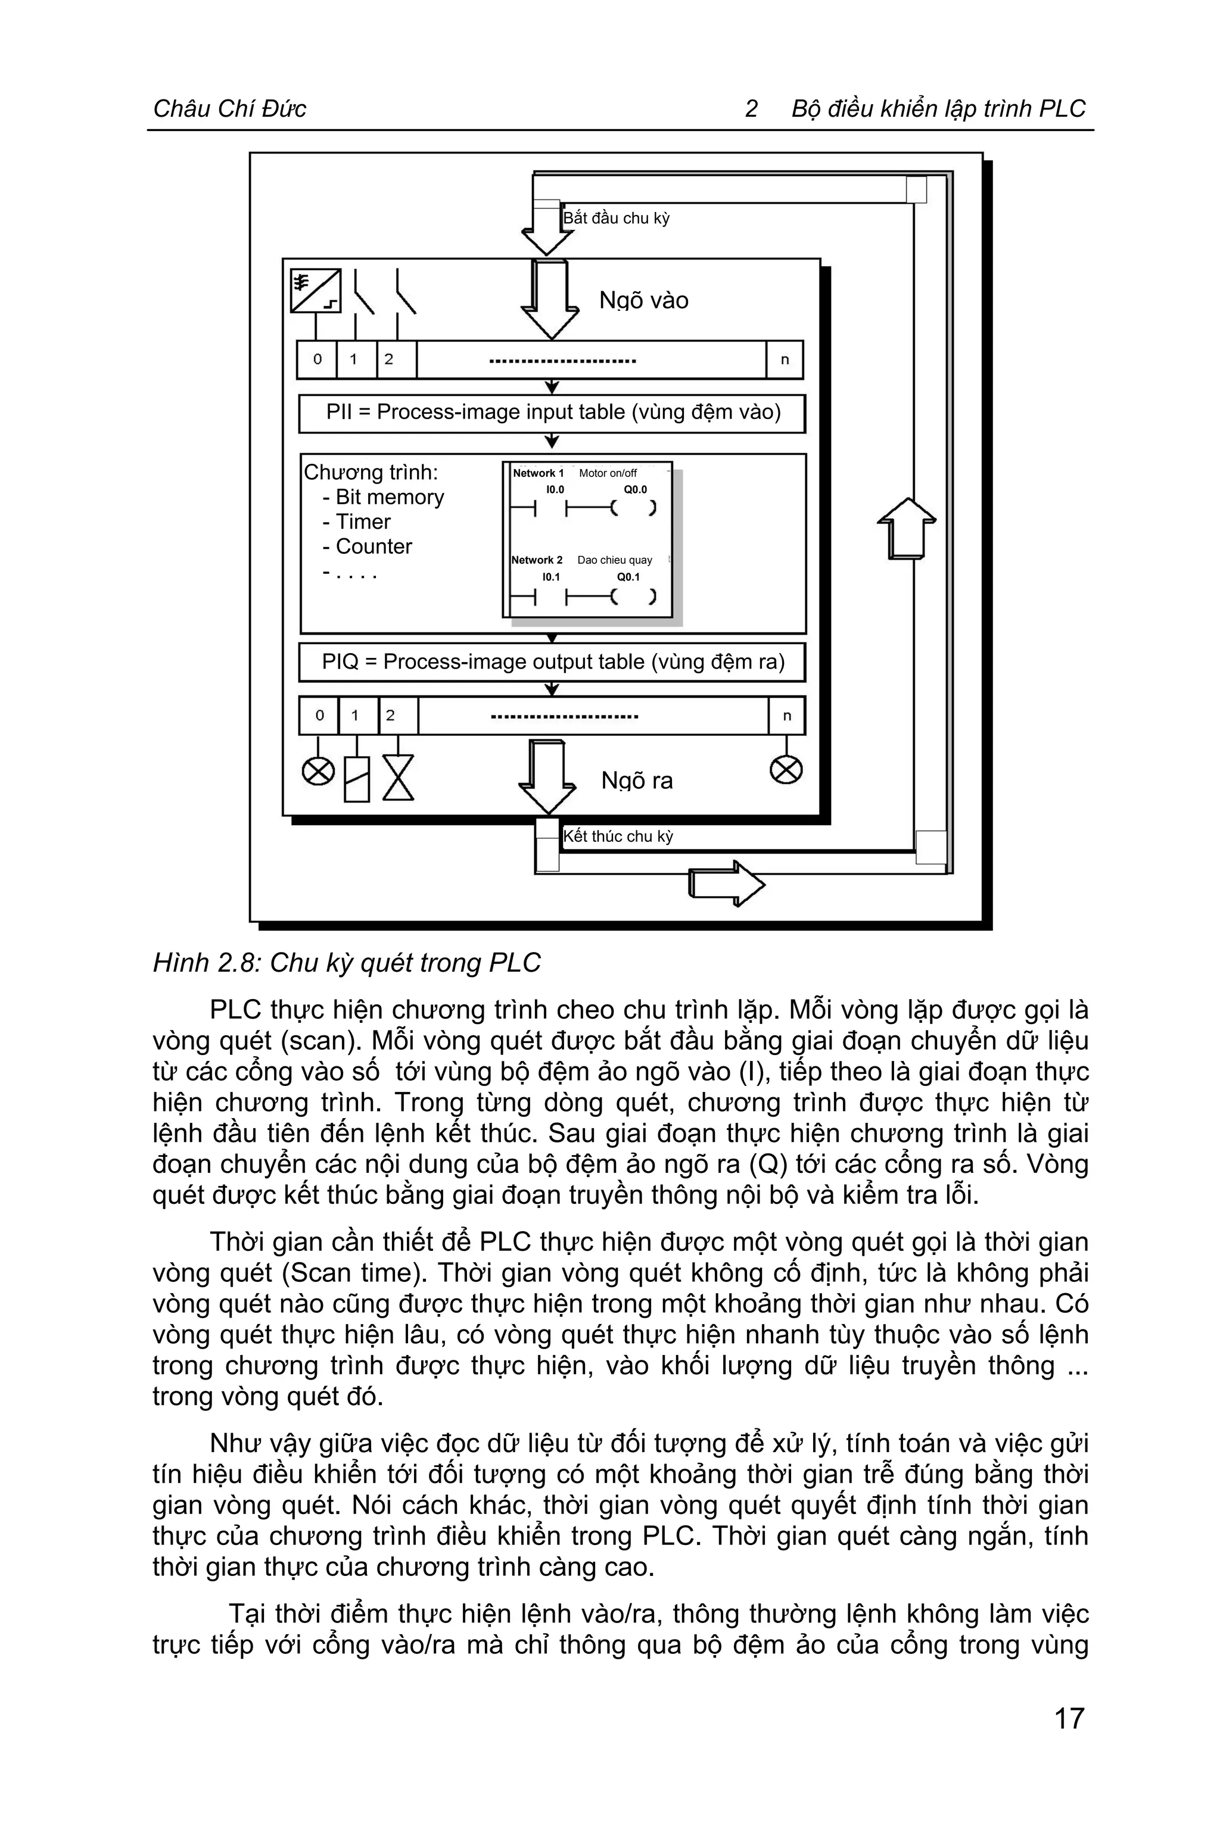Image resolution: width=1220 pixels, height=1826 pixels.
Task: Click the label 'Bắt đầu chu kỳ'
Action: [616, 219]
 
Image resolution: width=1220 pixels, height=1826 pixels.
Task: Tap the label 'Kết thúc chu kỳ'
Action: [618, 836]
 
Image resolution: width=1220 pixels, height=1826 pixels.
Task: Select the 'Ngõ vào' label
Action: [643, 300]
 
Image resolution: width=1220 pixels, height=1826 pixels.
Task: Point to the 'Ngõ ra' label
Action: [636, 781]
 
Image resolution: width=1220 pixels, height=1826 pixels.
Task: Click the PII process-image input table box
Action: [552, 412]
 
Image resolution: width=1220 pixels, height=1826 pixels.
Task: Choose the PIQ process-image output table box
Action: [552, 663]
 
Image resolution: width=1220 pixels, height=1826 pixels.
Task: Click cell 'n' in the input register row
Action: [785, 359]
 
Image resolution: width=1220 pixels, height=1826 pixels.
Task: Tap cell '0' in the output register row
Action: [319, 716]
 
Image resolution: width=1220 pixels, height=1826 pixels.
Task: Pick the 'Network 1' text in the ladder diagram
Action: [538, 473]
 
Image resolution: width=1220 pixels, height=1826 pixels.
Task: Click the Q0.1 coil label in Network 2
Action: [628, 577]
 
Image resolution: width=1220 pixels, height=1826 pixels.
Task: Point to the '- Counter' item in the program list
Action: [367, 547]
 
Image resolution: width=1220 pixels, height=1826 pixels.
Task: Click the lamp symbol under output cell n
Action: [786, 770]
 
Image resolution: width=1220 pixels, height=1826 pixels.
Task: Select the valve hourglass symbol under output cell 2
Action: [397, 778]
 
